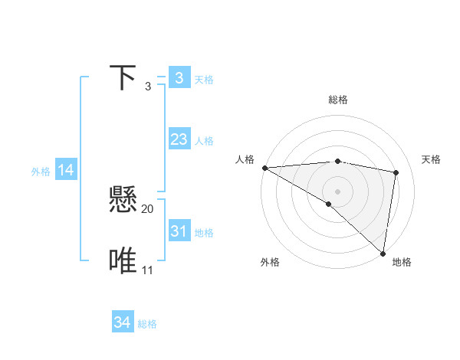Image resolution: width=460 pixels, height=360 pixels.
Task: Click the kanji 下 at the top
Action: pos(123,78)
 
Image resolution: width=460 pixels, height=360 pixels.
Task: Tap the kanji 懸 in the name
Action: pos(123,201)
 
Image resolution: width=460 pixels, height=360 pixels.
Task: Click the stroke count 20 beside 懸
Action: pos(148,208)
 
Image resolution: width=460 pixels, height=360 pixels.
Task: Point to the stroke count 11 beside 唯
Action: pos(148,270)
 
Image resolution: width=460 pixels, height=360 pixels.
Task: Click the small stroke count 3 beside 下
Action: pos(148,87)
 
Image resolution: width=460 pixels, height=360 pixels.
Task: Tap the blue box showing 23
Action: pos(179,139)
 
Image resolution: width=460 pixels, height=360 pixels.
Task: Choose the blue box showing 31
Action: pos(179,231)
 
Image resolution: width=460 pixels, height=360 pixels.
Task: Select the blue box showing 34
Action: pos(122,322)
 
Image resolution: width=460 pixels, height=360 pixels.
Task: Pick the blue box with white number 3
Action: pos(179,78)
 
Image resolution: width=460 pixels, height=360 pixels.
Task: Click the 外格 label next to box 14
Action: pos(41,172)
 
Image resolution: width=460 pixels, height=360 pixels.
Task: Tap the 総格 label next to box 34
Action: pos(147,324)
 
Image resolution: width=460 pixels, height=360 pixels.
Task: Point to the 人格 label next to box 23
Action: pos(204,141)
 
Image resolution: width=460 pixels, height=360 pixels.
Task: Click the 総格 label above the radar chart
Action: pos(338,100)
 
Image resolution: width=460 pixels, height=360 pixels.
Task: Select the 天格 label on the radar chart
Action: pos(431,159)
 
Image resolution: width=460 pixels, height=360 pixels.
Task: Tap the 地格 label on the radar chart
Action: pos(402,262)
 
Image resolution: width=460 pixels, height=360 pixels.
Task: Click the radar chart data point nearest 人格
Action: pos(264,168)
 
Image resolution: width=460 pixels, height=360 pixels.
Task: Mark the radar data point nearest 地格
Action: pos(383,252)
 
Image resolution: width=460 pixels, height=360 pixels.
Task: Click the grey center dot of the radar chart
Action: pos(337,190)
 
